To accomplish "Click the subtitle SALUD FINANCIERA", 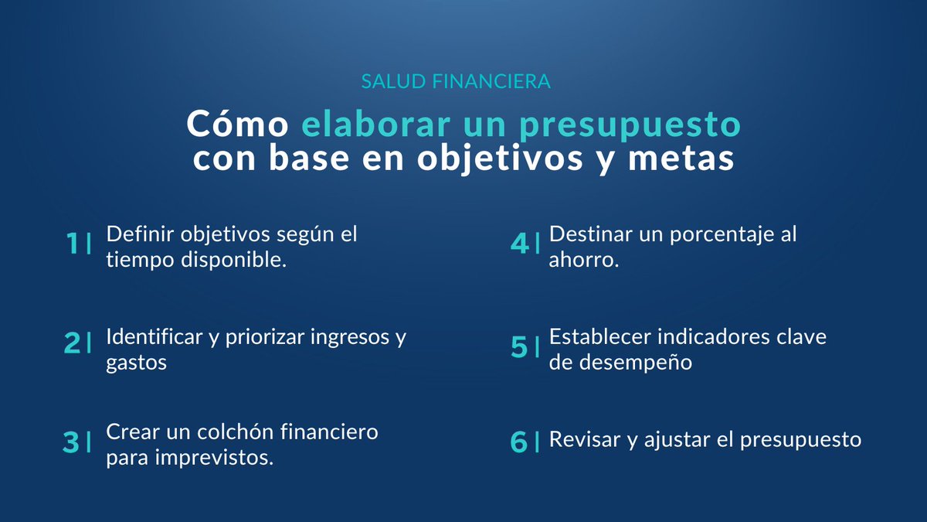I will click(x=456, y=81).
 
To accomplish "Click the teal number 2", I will click(x=73, y=345).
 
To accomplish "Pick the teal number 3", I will click(x=72, y=442).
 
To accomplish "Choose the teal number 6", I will click(x=519, y=442).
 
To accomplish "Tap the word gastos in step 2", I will click(x=136, y=363).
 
